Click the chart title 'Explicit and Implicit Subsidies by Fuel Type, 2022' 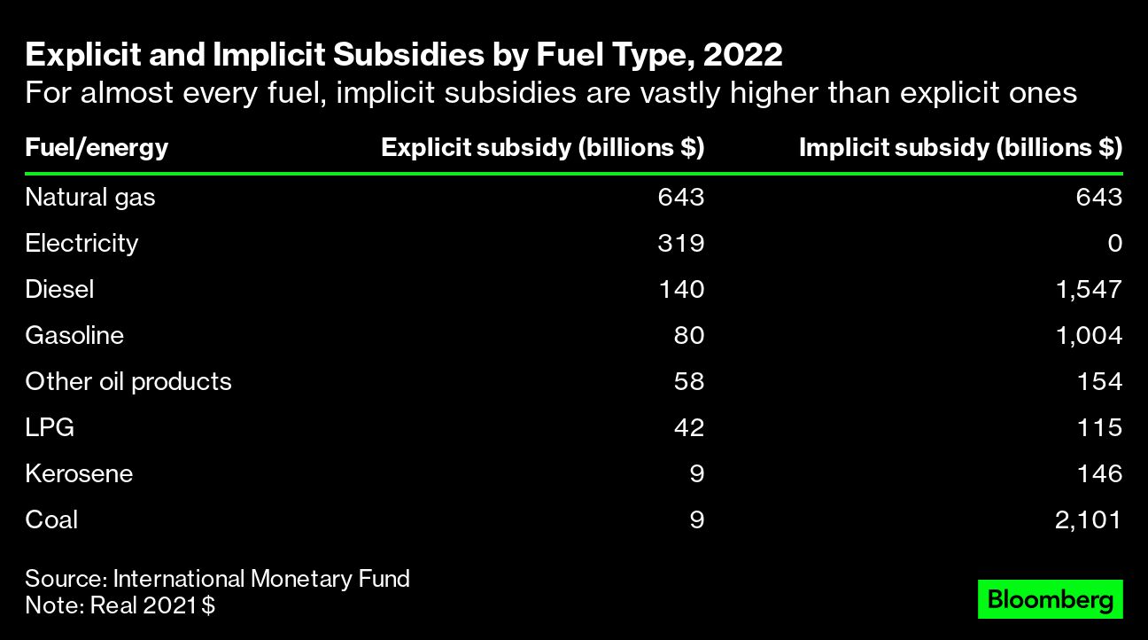tap(403, 56)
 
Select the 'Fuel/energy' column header tap(97, 147)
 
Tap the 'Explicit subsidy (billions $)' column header tap(542, 147)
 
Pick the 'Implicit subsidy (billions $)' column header tap(960, 147)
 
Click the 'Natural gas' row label tap(89, 197)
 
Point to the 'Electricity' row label tap(81, 243)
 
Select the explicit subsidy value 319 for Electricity tap(680, 243)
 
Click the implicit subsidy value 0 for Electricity tap(1114, 243)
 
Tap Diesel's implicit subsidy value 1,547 tap(1088, 289)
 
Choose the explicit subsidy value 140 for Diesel tap(680, 289)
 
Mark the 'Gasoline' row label tap(74, 335)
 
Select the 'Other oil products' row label tap(128, 381)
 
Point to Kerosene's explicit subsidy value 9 tap(696, 473)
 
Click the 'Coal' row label tap(51, 519)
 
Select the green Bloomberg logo tap(1050, 599)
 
